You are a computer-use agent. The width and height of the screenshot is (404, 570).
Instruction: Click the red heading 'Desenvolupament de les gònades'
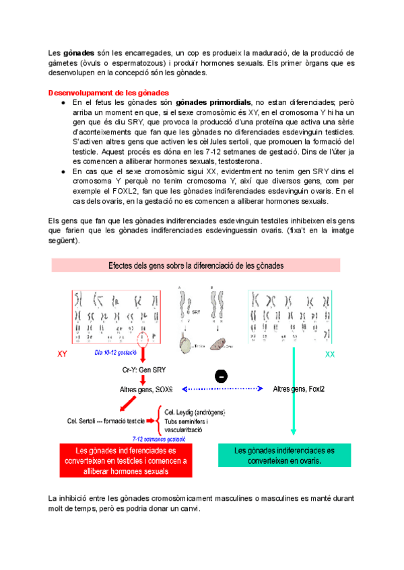tap(108, 92)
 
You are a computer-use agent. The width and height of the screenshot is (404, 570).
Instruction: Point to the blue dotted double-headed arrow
tap(221, 389)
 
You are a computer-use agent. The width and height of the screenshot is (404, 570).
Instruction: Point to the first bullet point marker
tap(63, 102)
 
